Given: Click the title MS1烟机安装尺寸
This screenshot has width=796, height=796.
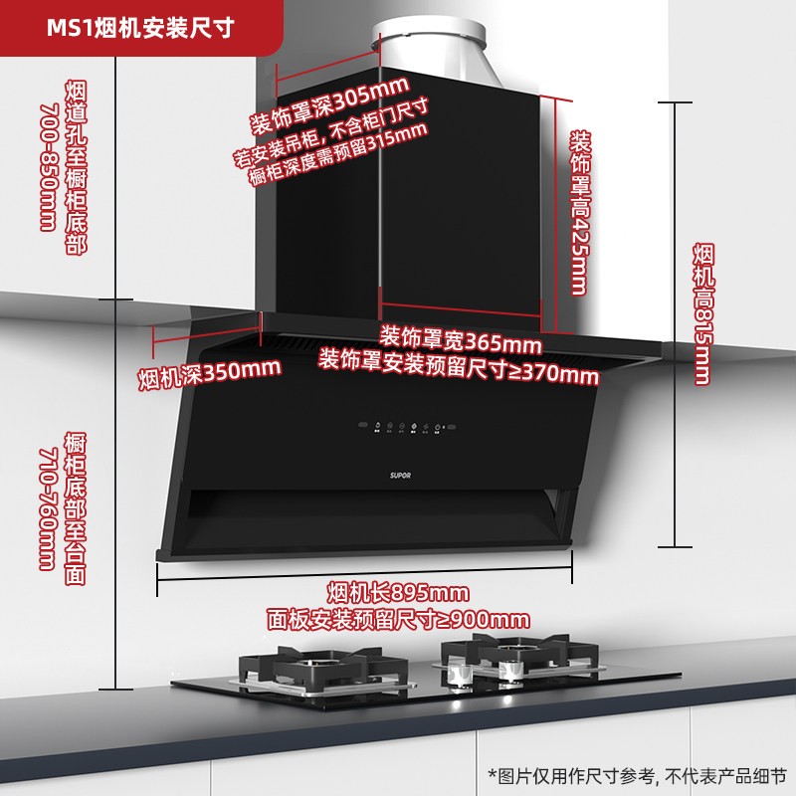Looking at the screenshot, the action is pos(140,27).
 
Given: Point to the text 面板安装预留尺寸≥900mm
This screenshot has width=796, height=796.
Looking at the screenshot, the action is pos(398,619).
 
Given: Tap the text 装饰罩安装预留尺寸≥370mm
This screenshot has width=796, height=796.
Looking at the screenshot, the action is pos(459,366).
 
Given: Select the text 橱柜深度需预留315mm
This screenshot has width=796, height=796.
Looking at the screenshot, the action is pos(337,157).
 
